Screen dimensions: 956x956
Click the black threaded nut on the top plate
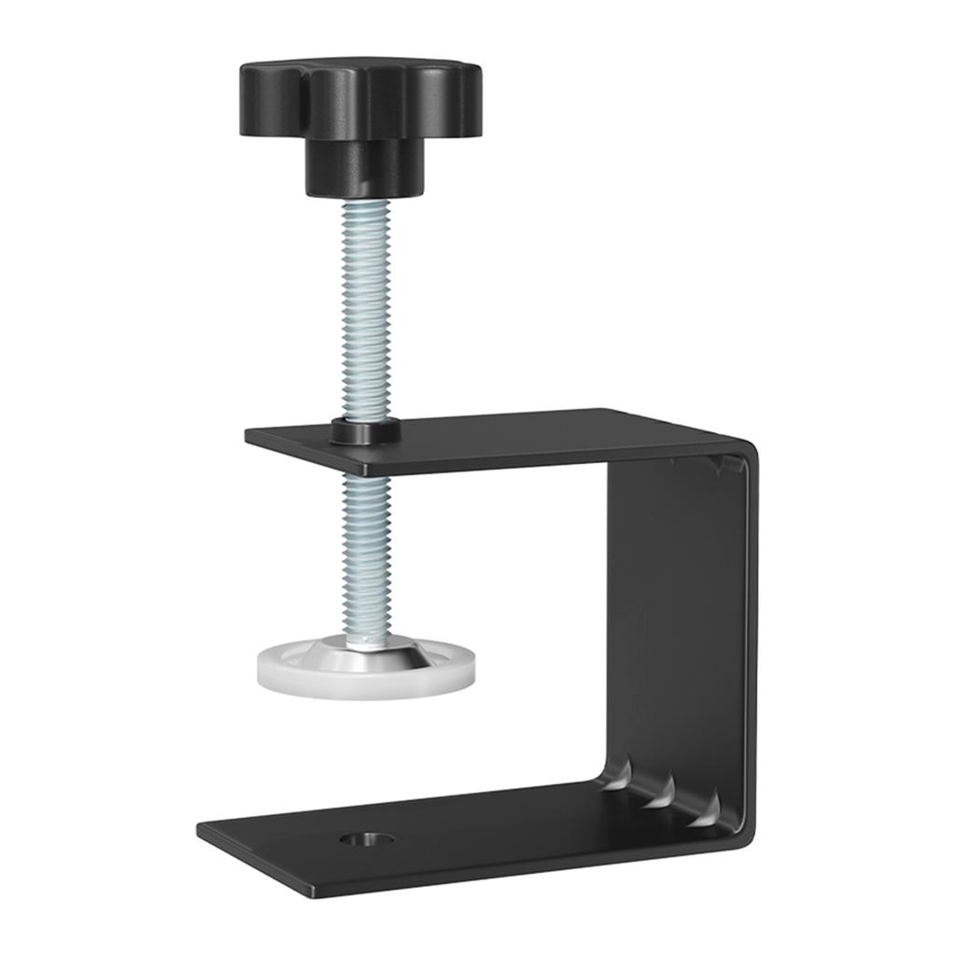[365, 431]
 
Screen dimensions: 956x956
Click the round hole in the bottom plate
[366, 839]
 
